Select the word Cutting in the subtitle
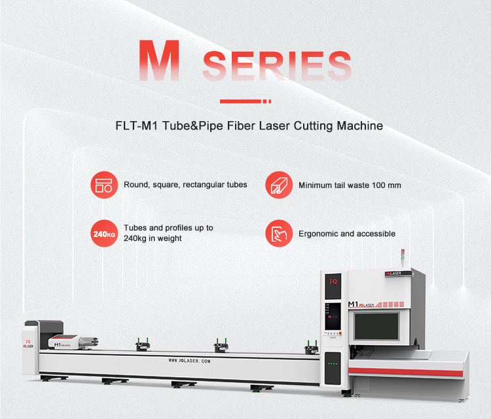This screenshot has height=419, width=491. [307, 125]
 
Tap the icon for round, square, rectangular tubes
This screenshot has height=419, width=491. [103, 185]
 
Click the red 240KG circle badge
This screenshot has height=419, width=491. [103, 234]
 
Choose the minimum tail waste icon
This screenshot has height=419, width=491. [278, 185]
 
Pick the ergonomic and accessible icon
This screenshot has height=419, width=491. [278, 234]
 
